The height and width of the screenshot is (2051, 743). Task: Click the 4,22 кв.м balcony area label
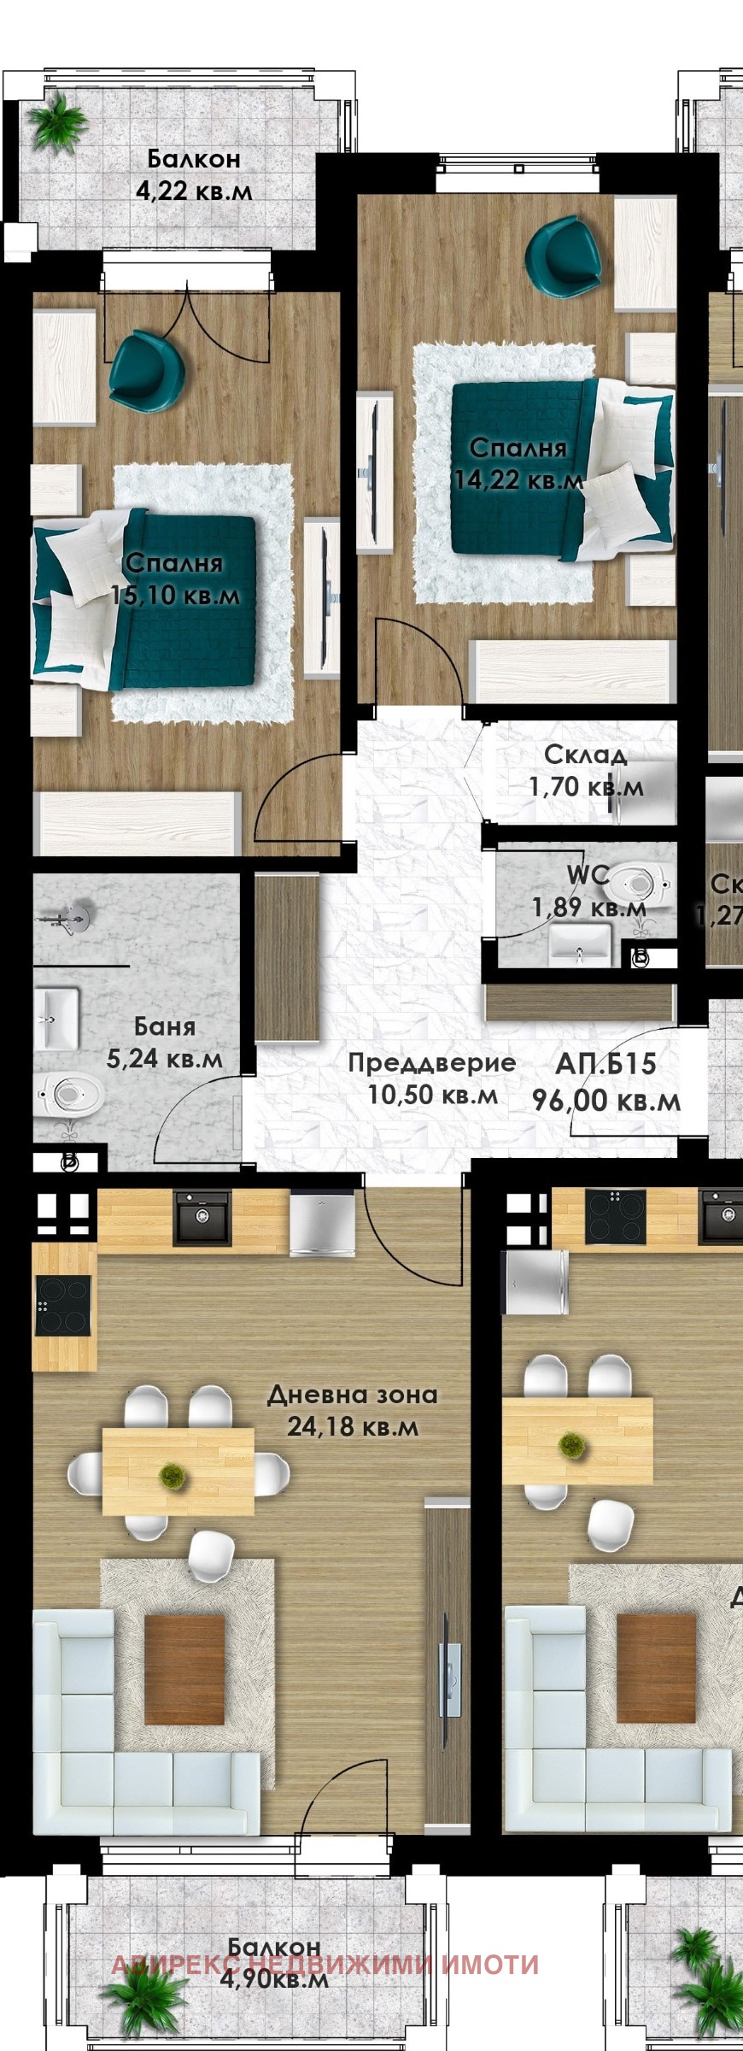click(194, 191)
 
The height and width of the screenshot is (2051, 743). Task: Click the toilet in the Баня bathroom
click(72, 1093)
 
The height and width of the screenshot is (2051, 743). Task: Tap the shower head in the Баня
click(74, 915)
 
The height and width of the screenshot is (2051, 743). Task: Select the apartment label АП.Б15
click(606, 1064)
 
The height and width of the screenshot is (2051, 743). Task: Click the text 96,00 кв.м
click(606, 1101)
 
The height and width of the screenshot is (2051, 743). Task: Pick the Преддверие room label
click(431, 1063)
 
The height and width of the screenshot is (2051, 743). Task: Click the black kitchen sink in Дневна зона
click(202, 1217)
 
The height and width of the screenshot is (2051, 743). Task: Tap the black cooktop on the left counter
click(63, 1305)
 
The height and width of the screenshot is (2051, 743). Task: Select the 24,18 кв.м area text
click(352, 1427)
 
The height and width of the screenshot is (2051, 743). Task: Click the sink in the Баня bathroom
click(56, 1019)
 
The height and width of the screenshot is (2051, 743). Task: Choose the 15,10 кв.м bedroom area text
click(176, 595)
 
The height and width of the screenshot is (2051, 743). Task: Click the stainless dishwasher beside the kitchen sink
click(321, 1224)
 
